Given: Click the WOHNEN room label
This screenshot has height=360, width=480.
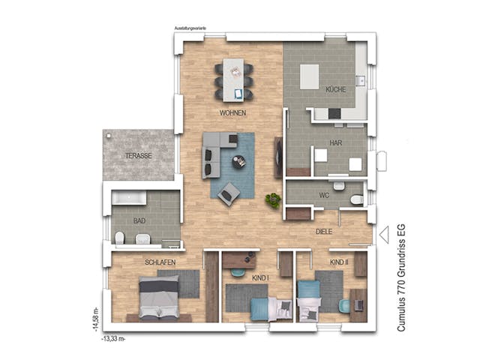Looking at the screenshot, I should point(232,113).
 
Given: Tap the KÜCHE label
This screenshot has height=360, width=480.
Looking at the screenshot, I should point(335,90).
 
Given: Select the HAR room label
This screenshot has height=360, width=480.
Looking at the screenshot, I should point(335,142).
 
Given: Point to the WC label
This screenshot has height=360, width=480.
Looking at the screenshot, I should point(324,195).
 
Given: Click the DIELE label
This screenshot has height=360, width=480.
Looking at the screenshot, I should point(323,232).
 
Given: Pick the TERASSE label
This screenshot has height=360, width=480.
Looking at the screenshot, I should point(138,155).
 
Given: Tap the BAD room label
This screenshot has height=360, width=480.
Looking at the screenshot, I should point(139,221).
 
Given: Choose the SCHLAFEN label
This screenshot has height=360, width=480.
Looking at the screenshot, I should point(160,262).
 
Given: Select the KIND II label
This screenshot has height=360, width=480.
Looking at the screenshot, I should point(339,262).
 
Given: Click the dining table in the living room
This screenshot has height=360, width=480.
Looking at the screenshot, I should point(234,79).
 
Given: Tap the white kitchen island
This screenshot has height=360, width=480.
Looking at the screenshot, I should point(309,76).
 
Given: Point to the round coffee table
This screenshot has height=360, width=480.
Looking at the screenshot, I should point(238,160).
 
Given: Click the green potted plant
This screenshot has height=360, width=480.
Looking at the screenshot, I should point(273,200).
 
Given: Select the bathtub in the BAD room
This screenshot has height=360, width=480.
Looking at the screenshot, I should point(130,199).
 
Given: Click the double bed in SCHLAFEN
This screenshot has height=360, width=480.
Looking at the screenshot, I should point(160,298).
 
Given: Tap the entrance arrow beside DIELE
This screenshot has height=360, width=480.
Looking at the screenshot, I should point(383,235).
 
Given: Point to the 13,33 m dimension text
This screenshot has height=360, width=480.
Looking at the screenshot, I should point(112,338).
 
